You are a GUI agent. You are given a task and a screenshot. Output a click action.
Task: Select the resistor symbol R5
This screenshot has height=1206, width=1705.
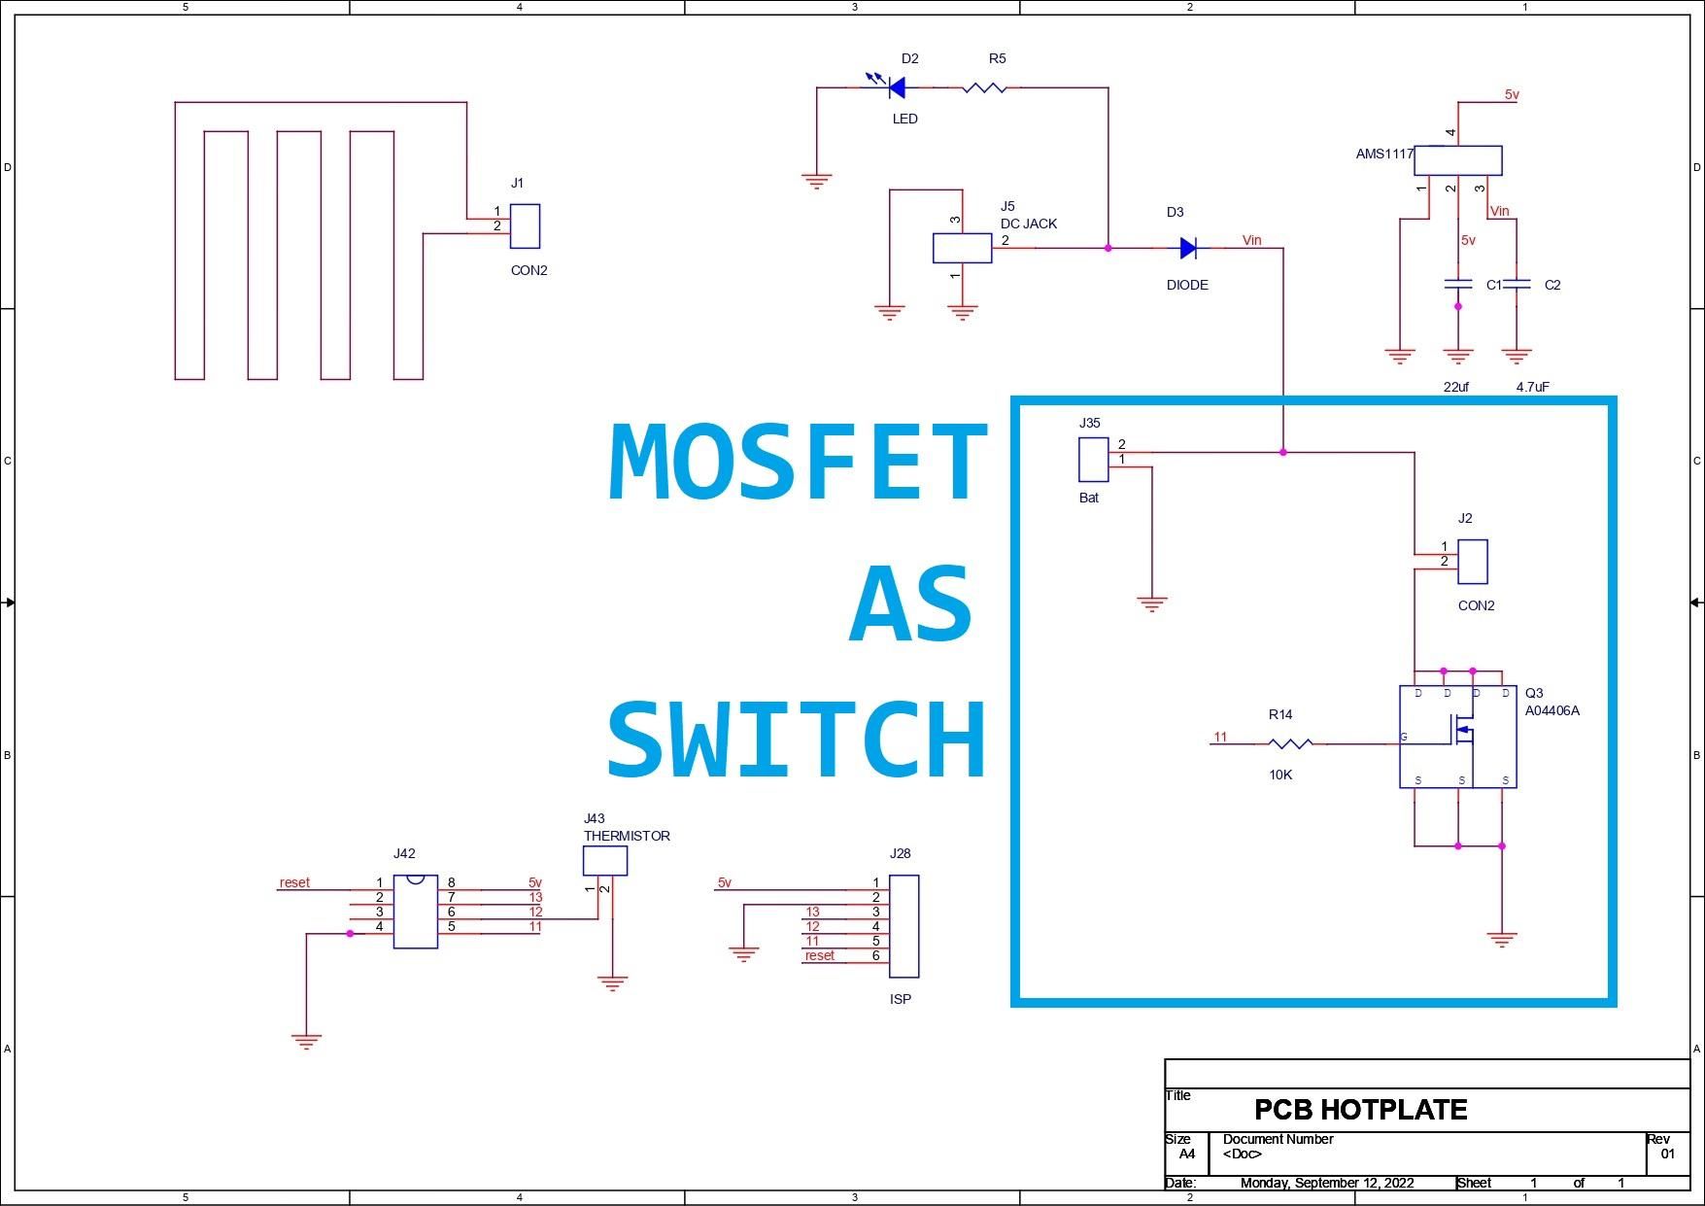coord(984,87)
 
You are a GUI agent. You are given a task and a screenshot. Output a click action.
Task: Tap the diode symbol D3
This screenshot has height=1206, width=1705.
coord(1188,248)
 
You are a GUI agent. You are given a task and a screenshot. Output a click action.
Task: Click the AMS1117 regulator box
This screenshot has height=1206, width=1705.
coord(1457,160)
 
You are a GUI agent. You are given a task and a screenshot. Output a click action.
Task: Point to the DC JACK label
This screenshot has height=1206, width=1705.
coord(1029,224)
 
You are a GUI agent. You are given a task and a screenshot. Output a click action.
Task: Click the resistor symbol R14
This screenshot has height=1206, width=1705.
coord(1290,743)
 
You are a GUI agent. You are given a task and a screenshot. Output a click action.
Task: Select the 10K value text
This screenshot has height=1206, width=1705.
coord(1280,775)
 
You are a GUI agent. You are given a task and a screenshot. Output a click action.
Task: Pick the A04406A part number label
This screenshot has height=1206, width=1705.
coord(1552,710)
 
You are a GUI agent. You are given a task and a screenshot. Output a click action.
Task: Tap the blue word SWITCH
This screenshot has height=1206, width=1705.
coord(798,740)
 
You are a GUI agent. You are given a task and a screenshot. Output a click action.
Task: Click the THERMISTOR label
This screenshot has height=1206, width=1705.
coord(627,836)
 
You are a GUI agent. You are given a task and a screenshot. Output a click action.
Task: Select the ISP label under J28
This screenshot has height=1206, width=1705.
coord(901,999)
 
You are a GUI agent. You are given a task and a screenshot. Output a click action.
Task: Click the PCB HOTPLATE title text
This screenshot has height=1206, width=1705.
coord(1360,1110)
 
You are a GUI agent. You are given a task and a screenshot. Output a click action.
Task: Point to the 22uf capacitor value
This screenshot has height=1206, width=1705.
coord(1456,387)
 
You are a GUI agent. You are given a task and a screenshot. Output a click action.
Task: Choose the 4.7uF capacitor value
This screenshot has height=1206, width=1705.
coord(1532,387)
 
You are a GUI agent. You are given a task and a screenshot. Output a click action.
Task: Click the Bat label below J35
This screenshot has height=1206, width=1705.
coord(1089,498)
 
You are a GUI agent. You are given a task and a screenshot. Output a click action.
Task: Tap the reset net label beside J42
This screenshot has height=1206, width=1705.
coord(294,882)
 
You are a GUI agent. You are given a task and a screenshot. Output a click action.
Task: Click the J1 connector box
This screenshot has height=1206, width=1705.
coord(525,226)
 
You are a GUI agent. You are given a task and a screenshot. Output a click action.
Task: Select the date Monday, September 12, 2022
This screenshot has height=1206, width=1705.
coord(1327,1183)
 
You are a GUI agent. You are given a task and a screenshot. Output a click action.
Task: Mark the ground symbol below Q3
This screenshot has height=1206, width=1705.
coord(1502,940)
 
